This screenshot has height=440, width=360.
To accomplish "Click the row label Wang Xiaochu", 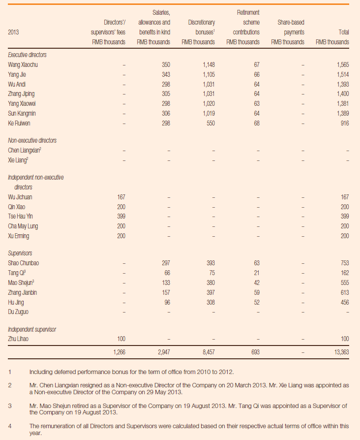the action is [x=23, y=65].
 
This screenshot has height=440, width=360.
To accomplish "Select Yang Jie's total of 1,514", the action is [x=343, y=75].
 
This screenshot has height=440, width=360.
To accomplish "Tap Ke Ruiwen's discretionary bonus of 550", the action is [x=210, y=123].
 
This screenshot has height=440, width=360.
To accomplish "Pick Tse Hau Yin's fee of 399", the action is [x=121, y=217].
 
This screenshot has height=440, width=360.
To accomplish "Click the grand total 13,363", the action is [x=341, y=352].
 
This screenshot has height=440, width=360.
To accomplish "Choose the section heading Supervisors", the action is [x=20, y=253].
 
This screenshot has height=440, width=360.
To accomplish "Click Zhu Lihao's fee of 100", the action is [x=121, y=339].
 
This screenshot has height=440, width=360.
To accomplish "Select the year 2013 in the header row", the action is [x=13, y=32].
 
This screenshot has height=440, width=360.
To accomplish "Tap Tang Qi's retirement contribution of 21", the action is [x=257, y=273].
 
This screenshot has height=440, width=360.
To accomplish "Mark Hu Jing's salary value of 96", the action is [x=167, y=302].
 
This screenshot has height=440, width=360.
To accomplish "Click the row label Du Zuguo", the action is [x=18, y=312].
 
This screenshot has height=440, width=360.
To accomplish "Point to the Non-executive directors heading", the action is [x=32, y=140].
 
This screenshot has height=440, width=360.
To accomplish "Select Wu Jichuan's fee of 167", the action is [x=121, y=197].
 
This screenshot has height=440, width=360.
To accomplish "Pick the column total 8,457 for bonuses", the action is [x=209, y=352].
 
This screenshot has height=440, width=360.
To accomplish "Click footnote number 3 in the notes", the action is [x=10, y=406].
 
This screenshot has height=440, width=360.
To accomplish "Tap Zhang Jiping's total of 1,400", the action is [x=343, y=94].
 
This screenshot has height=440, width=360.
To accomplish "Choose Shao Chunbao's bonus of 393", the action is [x=210, y=263].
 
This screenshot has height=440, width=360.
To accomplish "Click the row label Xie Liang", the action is [x=18, y=160].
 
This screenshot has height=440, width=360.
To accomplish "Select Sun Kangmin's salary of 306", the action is [x=166, y=113].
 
